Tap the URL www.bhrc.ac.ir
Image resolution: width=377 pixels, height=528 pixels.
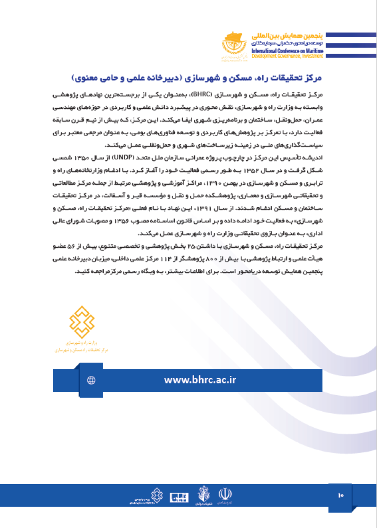click(x=200, y=380)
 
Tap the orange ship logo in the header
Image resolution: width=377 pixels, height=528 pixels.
click(x=234, y=45)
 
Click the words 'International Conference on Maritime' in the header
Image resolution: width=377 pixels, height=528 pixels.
click(x=287, y=50)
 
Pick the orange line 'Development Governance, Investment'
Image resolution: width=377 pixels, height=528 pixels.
click(x=287, y=56)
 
